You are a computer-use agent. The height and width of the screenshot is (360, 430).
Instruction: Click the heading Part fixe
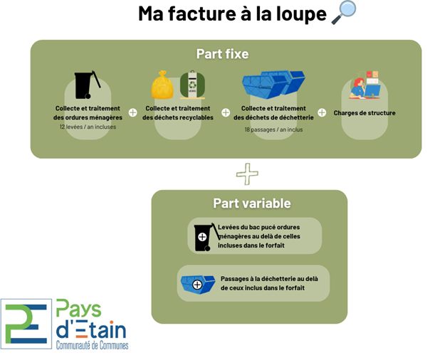(222, 54)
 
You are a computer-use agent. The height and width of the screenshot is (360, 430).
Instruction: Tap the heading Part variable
(251, 203)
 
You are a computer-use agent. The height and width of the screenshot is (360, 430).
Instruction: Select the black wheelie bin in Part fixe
(86, 85)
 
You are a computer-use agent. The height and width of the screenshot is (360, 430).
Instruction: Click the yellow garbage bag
(163, 87)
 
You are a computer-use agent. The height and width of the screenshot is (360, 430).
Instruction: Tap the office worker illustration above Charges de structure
(365, 85)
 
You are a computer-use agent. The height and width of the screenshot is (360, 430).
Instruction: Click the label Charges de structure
(365, 112)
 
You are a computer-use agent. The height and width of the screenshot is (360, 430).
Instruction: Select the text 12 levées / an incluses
(88, 127)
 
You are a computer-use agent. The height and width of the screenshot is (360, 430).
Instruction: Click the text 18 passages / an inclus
(273, 130)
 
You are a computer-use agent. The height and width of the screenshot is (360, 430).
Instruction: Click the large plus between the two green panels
(247, 173)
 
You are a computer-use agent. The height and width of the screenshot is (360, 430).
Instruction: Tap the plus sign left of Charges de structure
(322, 112)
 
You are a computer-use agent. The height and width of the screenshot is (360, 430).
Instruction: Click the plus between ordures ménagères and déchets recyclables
(133, 112)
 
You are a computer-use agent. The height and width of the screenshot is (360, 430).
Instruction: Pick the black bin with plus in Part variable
(204, 237)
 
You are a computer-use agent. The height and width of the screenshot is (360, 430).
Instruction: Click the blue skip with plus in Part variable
(198, 284)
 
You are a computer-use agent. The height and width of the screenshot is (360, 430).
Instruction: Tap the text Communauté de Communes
(93, 344)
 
